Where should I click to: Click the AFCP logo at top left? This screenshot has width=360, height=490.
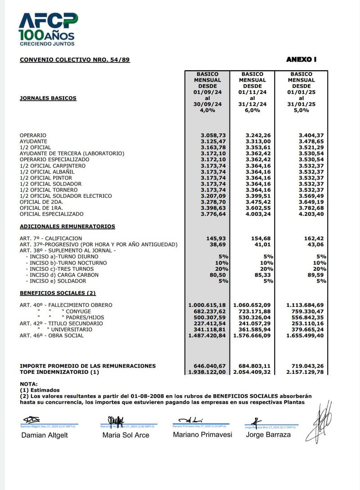pyautogui.click(x=48, y=29)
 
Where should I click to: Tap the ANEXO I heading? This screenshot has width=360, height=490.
pyautogui.click(x=301, y=59)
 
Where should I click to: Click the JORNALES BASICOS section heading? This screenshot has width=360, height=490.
pyautogui.click(x=48, y=98)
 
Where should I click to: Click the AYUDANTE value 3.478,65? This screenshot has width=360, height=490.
pyautogui.click(x=310, y=141)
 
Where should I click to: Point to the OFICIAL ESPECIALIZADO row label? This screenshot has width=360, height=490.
pyautogui.click(x=52, y=214)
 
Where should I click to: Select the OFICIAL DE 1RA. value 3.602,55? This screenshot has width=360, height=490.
pyautogui.click(x=258, y=208)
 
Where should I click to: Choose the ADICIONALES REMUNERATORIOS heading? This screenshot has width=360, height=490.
pyautogui.click(x=67, y=227)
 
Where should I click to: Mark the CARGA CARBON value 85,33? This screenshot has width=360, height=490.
pyautogui.click(x=261, y=275)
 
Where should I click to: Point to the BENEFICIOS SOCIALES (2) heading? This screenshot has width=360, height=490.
pyautogui.click(x=58, y=293)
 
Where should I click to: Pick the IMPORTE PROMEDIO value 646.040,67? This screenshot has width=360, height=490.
pyautogui.click(x=209, y=366)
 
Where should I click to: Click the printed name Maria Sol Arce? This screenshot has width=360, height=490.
pyautogui.click(x=126, y=435)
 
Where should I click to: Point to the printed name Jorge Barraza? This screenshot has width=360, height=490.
pyautogui.click(x=268, y=435)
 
